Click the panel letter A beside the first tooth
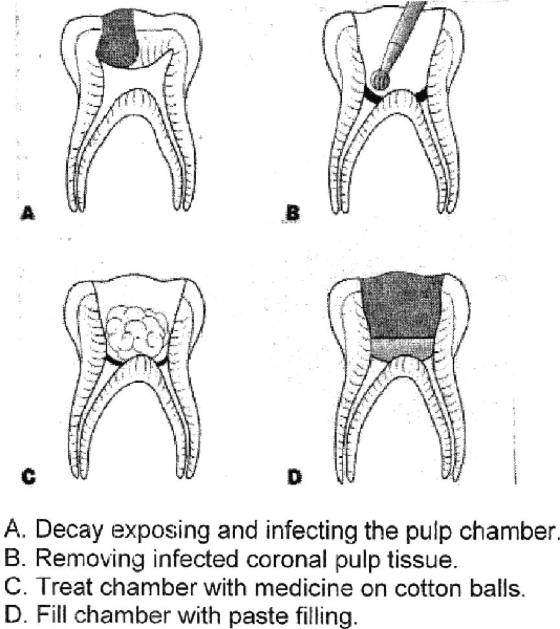click(27, 212)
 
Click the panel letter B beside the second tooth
click(293, 213)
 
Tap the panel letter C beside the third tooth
click(28, 477)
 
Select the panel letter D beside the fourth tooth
click(295, 477)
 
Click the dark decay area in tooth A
click(118, 38)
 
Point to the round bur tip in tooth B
click(379, 80)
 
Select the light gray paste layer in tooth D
click(402, 349)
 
